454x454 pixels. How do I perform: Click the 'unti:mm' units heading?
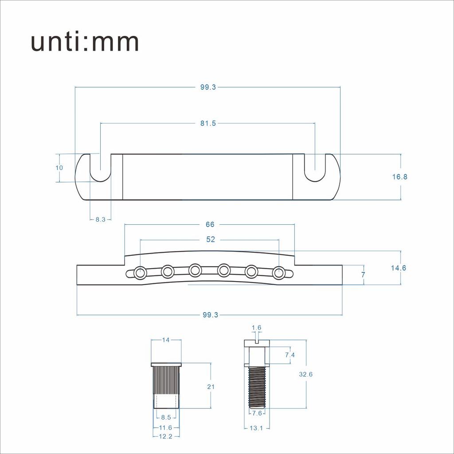tap(85, 42)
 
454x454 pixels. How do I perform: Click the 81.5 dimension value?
tap(208, 123)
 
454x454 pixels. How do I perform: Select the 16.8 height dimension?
tap(399, 176)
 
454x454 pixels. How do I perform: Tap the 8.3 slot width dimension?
tap(101, 219)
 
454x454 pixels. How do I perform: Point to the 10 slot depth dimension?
tap(59, 168)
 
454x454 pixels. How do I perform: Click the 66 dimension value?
tap(210, 224)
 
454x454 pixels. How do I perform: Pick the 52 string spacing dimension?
tap(211, 239)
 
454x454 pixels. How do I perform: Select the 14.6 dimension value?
tap(399, 268)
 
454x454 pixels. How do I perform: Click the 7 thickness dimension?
tap(364, 274)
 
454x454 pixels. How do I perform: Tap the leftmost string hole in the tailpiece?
tap(140, 273)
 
